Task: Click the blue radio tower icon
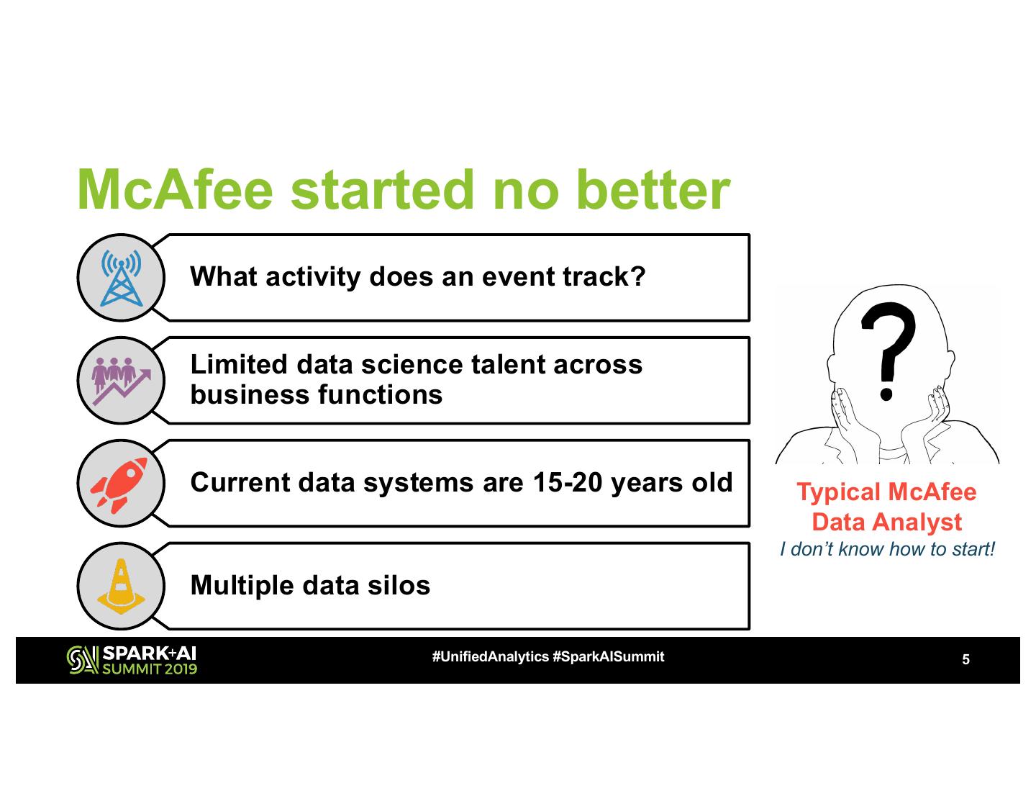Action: click(x=121, y=278)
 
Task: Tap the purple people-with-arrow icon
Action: click(x=121, y=381)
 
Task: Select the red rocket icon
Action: click(x=119, y=485)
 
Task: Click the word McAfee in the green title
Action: click(x=175, y=190)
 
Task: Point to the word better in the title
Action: click(x=653, y=190)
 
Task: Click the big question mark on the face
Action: click(x=888, y=351)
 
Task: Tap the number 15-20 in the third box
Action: click(x=568, y=482)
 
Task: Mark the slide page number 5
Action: click(x=965, y=659)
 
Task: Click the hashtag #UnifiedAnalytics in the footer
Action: click(x=490, y=657)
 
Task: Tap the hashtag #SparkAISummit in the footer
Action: click(x=609, y=657)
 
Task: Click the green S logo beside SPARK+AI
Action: click(x=83, y=660)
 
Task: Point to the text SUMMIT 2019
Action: click(x=150, y=669)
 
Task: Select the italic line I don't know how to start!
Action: click(x=887, y=549)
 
